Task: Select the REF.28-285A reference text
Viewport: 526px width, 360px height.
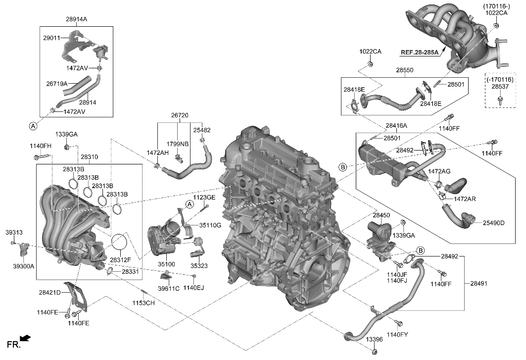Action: point(420,51)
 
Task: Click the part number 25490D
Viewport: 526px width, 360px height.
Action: point(493,223)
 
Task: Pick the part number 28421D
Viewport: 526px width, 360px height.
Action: point(50,292)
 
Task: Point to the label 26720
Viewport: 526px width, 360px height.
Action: point(180,115)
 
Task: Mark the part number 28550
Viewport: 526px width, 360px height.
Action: point(404,71)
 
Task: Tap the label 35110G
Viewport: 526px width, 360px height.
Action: point(210,225)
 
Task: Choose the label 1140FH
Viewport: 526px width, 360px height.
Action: point(41,146)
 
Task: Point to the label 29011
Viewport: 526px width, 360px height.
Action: point(51,37)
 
